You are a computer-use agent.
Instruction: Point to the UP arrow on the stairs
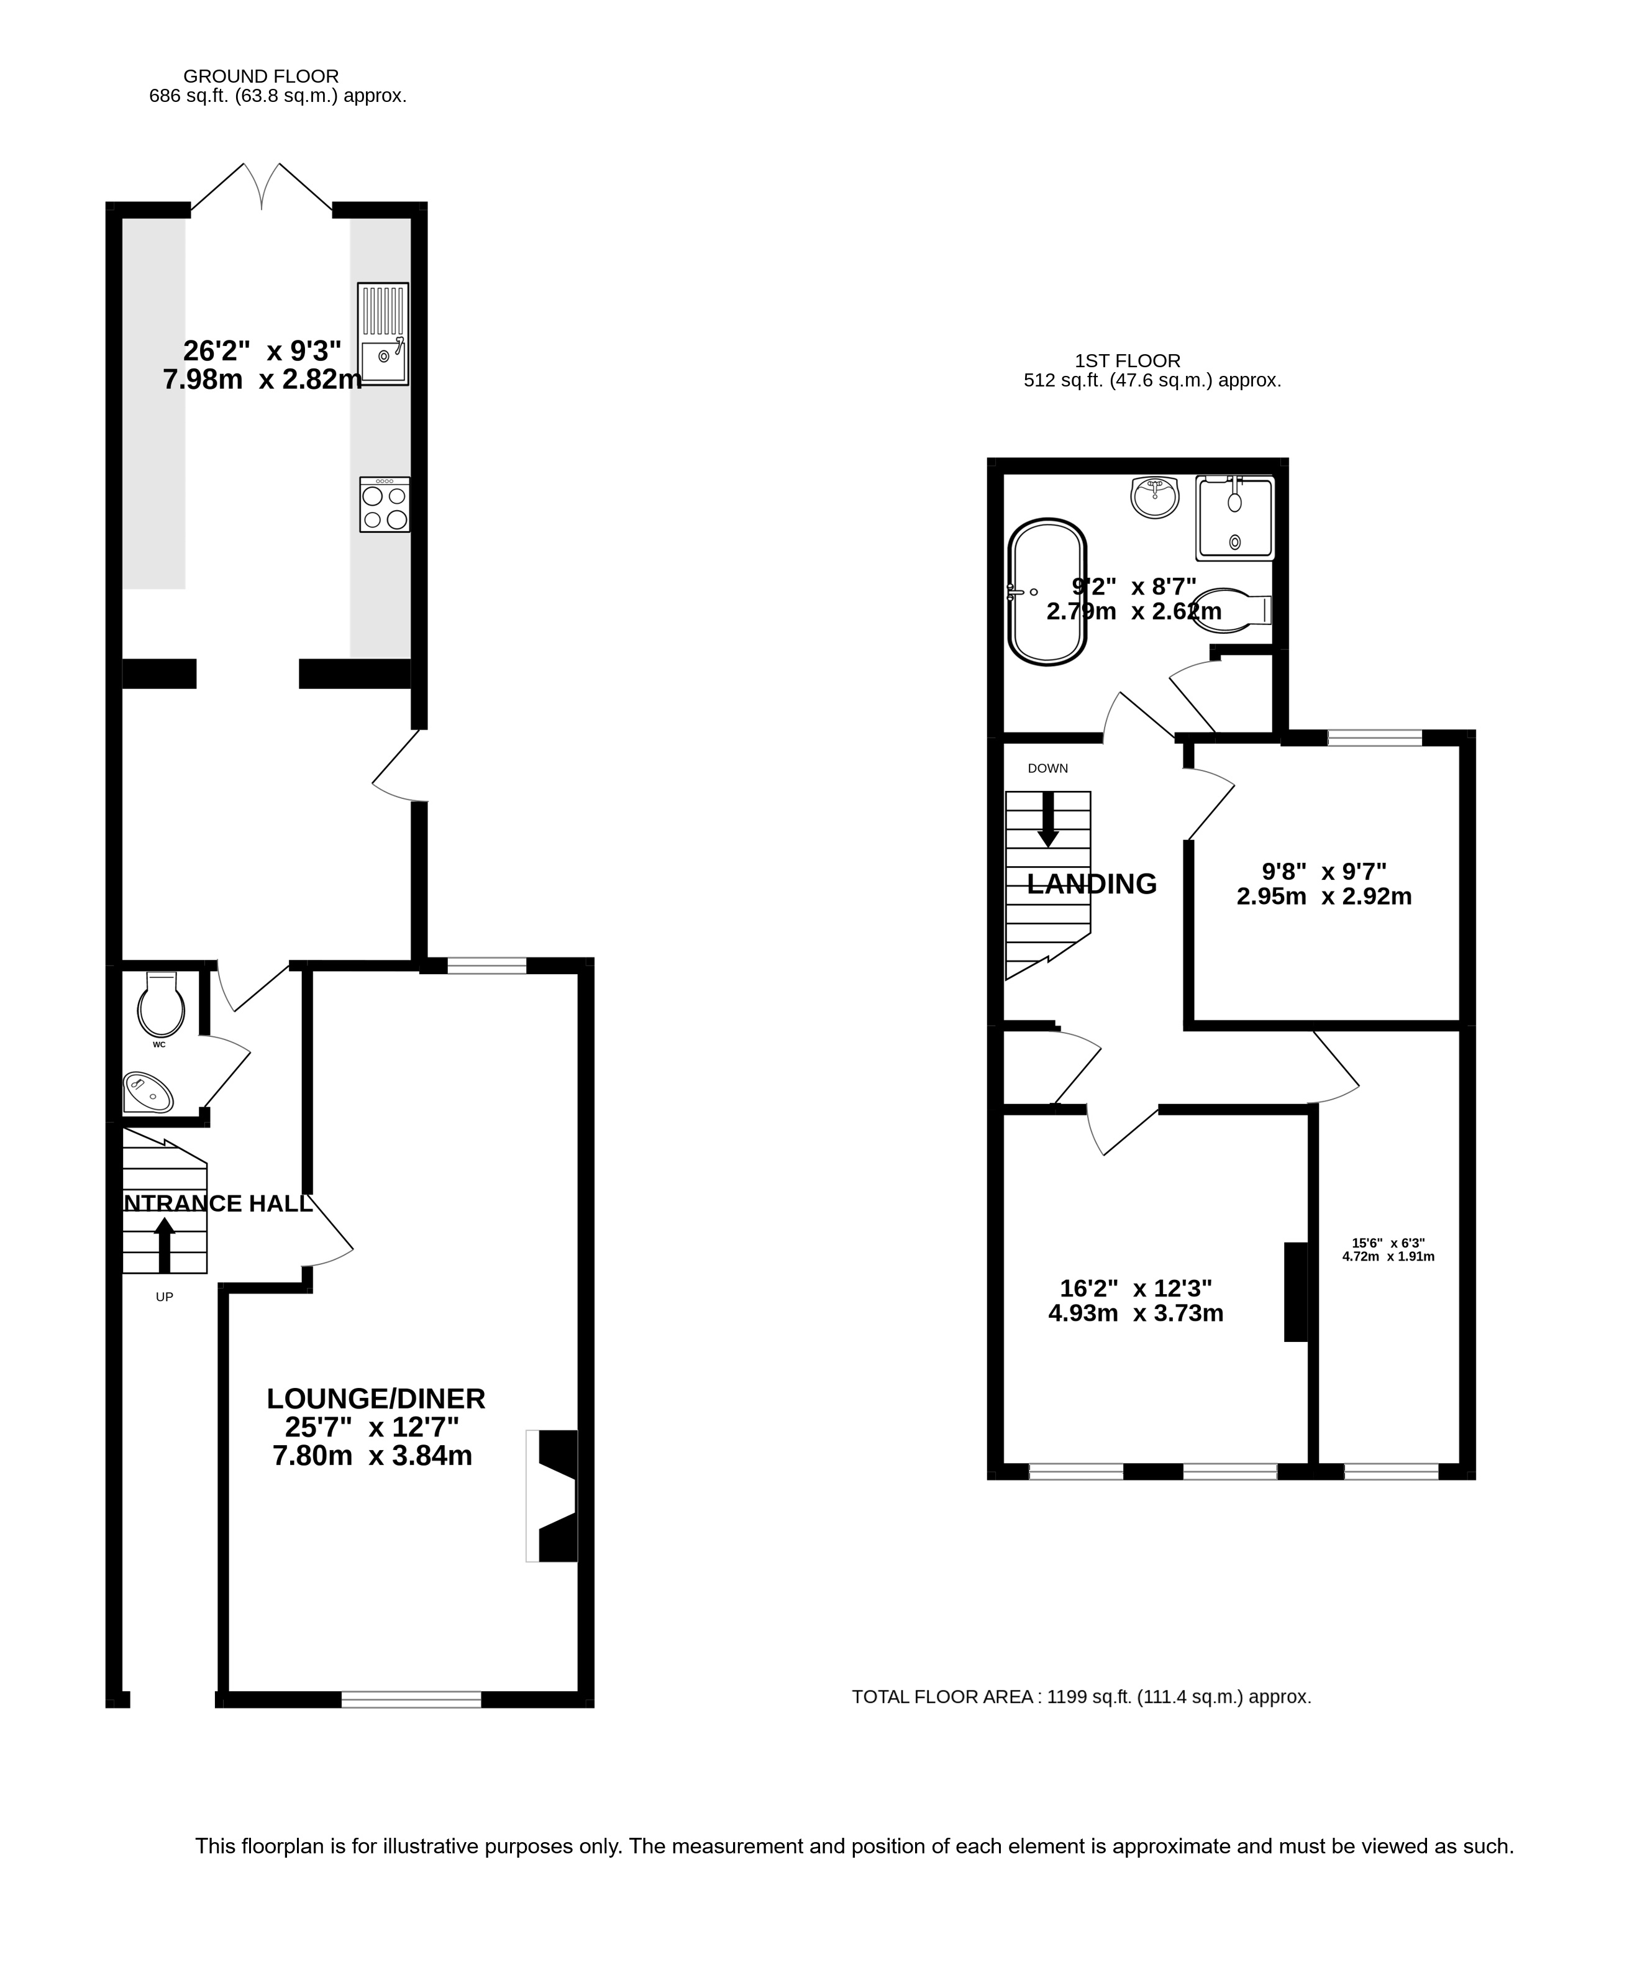pyautogui.click(x=165, y=1245)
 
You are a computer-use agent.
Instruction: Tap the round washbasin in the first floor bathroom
pyautogui.click(x=1154, y=497)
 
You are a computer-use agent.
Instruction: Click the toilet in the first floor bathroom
pyautogui.click(x=1236, y=609)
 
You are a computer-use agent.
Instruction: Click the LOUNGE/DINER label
pyautogui.click(x=376, y=1399)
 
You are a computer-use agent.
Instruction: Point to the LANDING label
pyautogui.click(x=1092, y=883)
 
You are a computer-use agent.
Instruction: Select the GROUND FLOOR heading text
pyautogui.click(x=261, y=76)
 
